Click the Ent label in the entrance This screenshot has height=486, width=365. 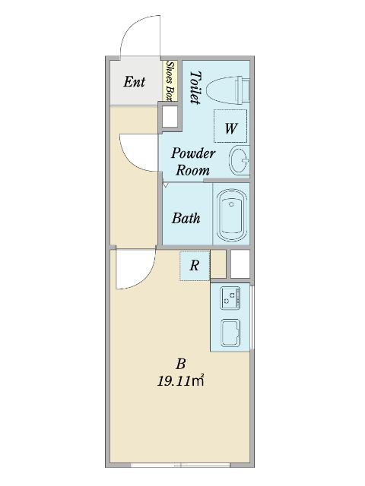pyautogui.click(x=135, y=82)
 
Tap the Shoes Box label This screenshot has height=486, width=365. pyautogui.click(x=170, y=81)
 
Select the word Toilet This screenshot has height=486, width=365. pyautogui.click(x=195, y=88)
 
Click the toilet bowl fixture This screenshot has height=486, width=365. pyautogui.click(x=228, y=90)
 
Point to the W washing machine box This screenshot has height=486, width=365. pyautogui.click(x=230, y=126)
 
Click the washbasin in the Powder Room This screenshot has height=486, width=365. pyautogui.click(x=240, y=160)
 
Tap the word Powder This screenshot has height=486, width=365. pyautogui.click(x=193, y=153)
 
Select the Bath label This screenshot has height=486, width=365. pyautogui.click(x=186, y=218)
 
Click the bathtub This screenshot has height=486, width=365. pyautogui.click(x=232, y=215)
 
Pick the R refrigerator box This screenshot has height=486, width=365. pyautogui.click(x=195, y=265)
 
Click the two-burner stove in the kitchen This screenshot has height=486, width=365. pyautogui.click(x=230, y=298)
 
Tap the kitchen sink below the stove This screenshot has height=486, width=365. pyautogui.click(x=230, y=333)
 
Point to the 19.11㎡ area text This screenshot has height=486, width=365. pyautogui.click(x=180, y=380)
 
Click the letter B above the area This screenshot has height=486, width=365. pyautogui.click(x=181, y=364)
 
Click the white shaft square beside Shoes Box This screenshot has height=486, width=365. pyautogui.click(x=170, y=116)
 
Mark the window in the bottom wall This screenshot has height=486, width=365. pyautogui.click(x=180, y=465)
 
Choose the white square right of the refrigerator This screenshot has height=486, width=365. pyautogui.click(x=240, y=264)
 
